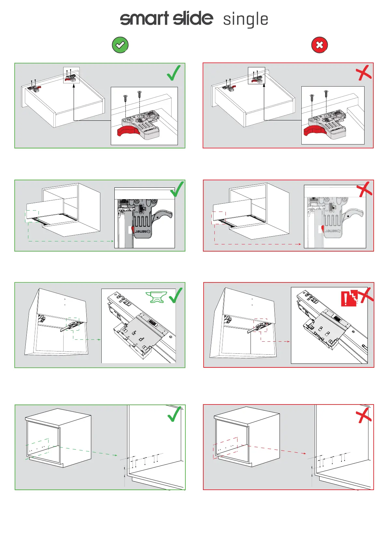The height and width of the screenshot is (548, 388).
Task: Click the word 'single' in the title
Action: (246, 19)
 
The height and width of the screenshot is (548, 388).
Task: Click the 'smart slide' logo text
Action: (166, 18)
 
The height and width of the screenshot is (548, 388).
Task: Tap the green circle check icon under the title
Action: (120, 45)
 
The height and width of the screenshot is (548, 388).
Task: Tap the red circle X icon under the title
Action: (320, 45)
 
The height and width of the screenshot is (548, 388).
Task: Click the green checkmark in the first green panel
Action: (174, 73)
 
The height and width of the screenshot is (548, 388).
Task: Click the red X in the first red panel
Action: (364, 73)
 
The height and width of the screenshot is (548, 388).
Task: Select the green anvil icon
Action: (156, 297)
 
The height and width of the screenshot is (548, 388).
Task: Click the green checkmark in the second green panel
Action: (177, 189)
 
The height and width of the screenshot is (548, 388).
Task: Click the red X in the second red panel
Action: (364, 189)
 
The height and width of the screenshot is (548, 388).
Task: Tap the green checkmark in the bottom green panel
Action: (174, 414)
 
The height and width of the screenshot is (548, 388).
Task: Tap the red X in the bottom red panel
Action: (363, 415)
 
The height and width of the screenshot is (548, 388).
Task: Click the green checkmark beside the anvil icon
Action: (175, 295)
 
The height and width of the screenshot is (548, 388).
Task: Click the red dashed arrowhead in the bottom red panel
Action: (304, 453)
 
